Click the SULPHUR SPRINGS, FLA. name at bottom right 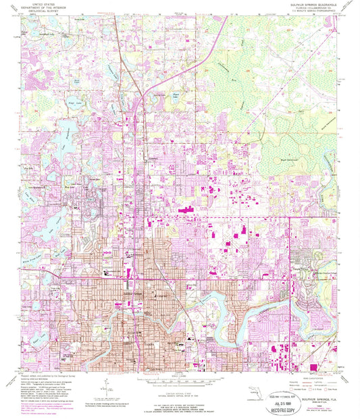click(x=310, y=383)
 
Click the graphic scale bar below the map click(x=179, y=379)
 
